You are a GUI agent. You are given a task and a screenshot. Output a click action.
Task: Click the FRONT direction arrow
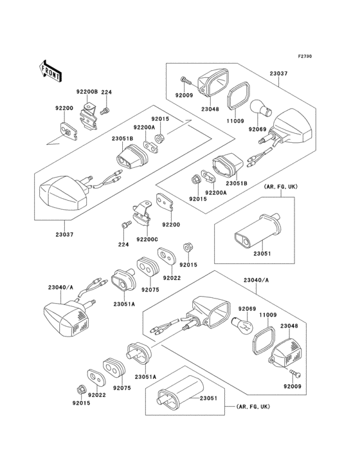coord(51,71)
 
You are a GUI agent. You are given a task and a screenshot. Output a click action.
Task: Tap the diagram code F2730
coord(305,56)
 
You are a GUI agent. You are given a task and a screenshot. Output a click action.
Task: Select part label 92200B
coord(87,92)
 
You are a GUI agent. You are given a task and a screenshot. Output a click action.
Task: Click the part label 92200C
coord(147,239)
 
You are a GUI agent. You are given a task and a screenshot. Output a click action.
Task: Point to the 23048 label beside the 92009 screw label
coord(210,109)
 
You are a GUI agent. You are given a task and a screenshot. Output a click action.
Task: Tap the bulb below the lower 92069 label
coord(243,326)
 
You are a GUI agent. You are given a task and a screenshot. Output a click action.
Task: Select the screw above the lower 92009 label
coord(295,373)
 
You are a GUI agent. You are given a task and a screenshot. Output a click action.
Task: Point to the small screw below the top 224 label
coord(105,111)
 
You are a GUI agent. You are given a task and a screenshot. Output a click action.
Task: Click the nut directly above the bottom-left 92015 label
coord(80,390)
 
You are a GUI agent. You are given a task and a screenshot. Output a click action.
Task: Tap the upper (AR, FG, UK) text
coord(280,187)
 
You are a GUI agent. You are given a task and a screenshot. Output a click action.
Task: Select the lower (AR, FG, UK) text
coord(253,407)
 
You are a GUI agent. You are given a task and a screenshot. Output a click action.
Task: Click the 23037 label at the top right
coord(278,73)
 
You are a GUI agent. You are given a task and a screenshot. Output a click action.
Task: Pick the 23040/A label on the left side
coord(60,287)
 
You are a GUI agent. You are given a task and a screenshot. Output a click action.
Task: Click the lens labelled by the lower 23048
coord(283,353)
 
